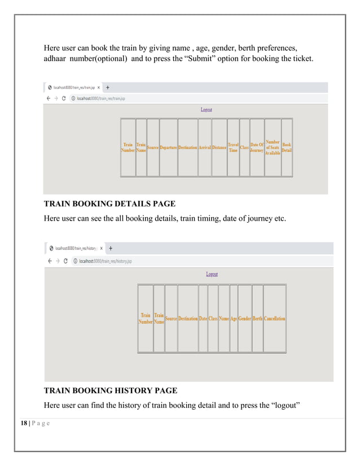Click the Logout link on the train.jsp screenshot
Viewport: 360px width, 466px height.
207,109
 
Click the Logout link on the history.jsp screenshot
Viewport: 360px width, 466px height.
212,274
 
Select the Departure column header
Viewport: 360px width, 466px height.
168,148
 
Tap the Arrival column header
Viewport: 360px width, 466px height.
204,148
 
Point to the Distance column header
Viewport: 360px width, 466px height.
219,148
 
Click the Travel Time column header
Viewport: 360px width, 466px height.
233,148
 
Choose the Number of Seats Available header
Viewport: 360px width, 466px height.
273,148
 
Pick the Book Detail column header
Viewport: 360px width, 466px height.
287,148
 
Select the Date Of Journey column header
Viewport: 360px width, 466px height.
257,148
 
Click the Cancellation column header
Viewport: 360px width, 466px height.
275,319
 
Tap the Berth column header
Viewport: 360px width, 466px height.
257,319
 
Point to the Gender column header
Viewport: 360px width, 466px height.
245,319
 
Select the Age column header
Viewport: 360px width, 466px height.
234,319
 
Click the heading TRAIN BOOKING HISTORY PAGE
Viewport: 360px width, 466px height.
111,390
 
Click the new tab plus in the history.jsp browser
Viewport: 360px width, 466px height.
111,248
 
